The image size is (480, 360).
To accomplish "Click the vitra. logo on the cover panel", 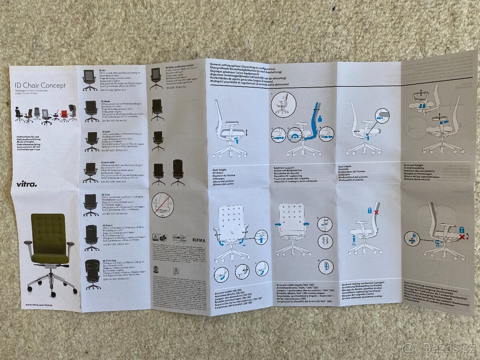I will pyautogui.click(x=26, y=184).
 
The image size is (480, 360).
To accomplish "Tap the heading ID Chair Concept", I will pyautogui.click(x=40, y=85).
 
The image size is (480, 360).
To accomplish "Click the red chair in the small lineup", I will pyautogui.click(x=64, y=115).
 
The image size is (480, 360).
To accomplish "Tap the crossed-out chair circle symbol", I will pyautogui.click(x=162, y=205).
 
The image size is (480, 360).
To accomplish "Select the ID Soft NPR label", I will pyautogui.click(x=109, y=162).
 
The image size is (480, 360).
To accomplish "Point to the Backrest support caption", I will pyautogui.click(x=284, y=168).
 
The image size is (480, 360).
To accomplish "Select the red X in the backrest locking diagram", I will pyautogui.click(x=376, y=212).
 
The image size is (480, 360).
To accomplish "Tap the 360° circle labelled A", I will pyautogui.click(x=325, y=224).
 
